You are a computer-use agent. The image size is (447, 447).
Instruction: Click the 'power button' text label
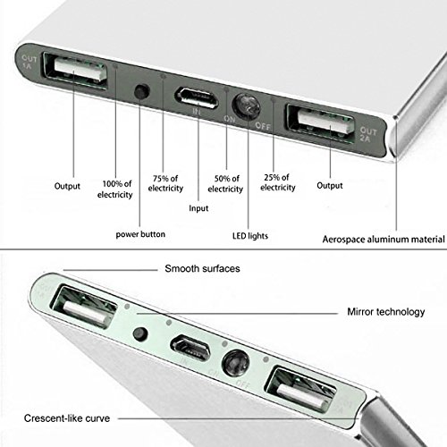click(140, 234)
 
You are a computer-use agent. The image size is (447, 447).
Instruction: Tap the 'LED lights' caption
click(250, 236)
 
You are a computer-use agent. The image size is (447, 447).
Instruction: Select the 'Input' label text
click(198, 208)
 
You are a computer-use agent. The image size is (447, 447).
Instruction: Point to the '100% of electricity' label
click(115, 190)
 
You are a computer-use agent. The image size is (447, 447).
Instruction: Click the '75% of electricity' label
click(165, 183)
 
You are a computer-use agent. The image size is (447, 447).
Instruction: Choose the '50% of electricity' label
click(225, 184)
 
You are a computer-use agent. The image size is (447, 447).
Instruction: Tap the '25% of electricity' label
click(278, 182)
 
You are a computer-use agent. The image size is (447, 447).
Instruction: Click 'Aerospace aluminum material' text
click(384, 240)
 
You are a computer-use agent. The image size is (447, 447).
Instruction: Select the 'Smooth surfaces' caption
click(202, 268)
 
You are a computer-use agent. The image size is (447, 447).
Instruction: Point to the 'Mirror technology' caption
click(386, 312)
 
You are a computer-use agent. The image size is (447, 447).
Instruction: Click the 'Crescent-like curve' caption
click(67, 418)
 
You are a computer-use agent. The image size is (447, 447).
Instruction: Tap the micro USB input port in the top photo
click(196, 97)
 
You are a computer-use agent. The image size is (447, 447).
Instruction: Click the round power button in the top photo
click(142, 91)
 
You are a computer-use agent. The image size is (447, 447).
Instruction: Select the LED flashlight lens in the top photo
click(246, 106)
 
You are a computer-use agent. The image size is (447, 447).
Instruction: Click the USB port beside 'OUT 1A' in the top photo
click(75, 71)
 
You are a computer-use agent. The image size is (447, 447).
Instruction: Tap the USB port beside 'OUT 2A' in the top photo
click(322, 122)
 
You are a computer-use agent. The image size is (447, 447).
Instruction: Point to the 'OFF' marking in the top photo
click(263, 126)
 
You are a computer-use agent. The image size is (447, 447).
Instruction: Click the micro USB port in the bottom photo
click(190, 348)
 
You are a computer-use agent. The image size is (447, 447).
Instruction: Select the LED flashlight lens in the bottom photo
click(236, 363)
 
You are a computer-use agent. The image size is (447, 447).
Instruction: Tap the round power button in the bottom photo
click(140, 334)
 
